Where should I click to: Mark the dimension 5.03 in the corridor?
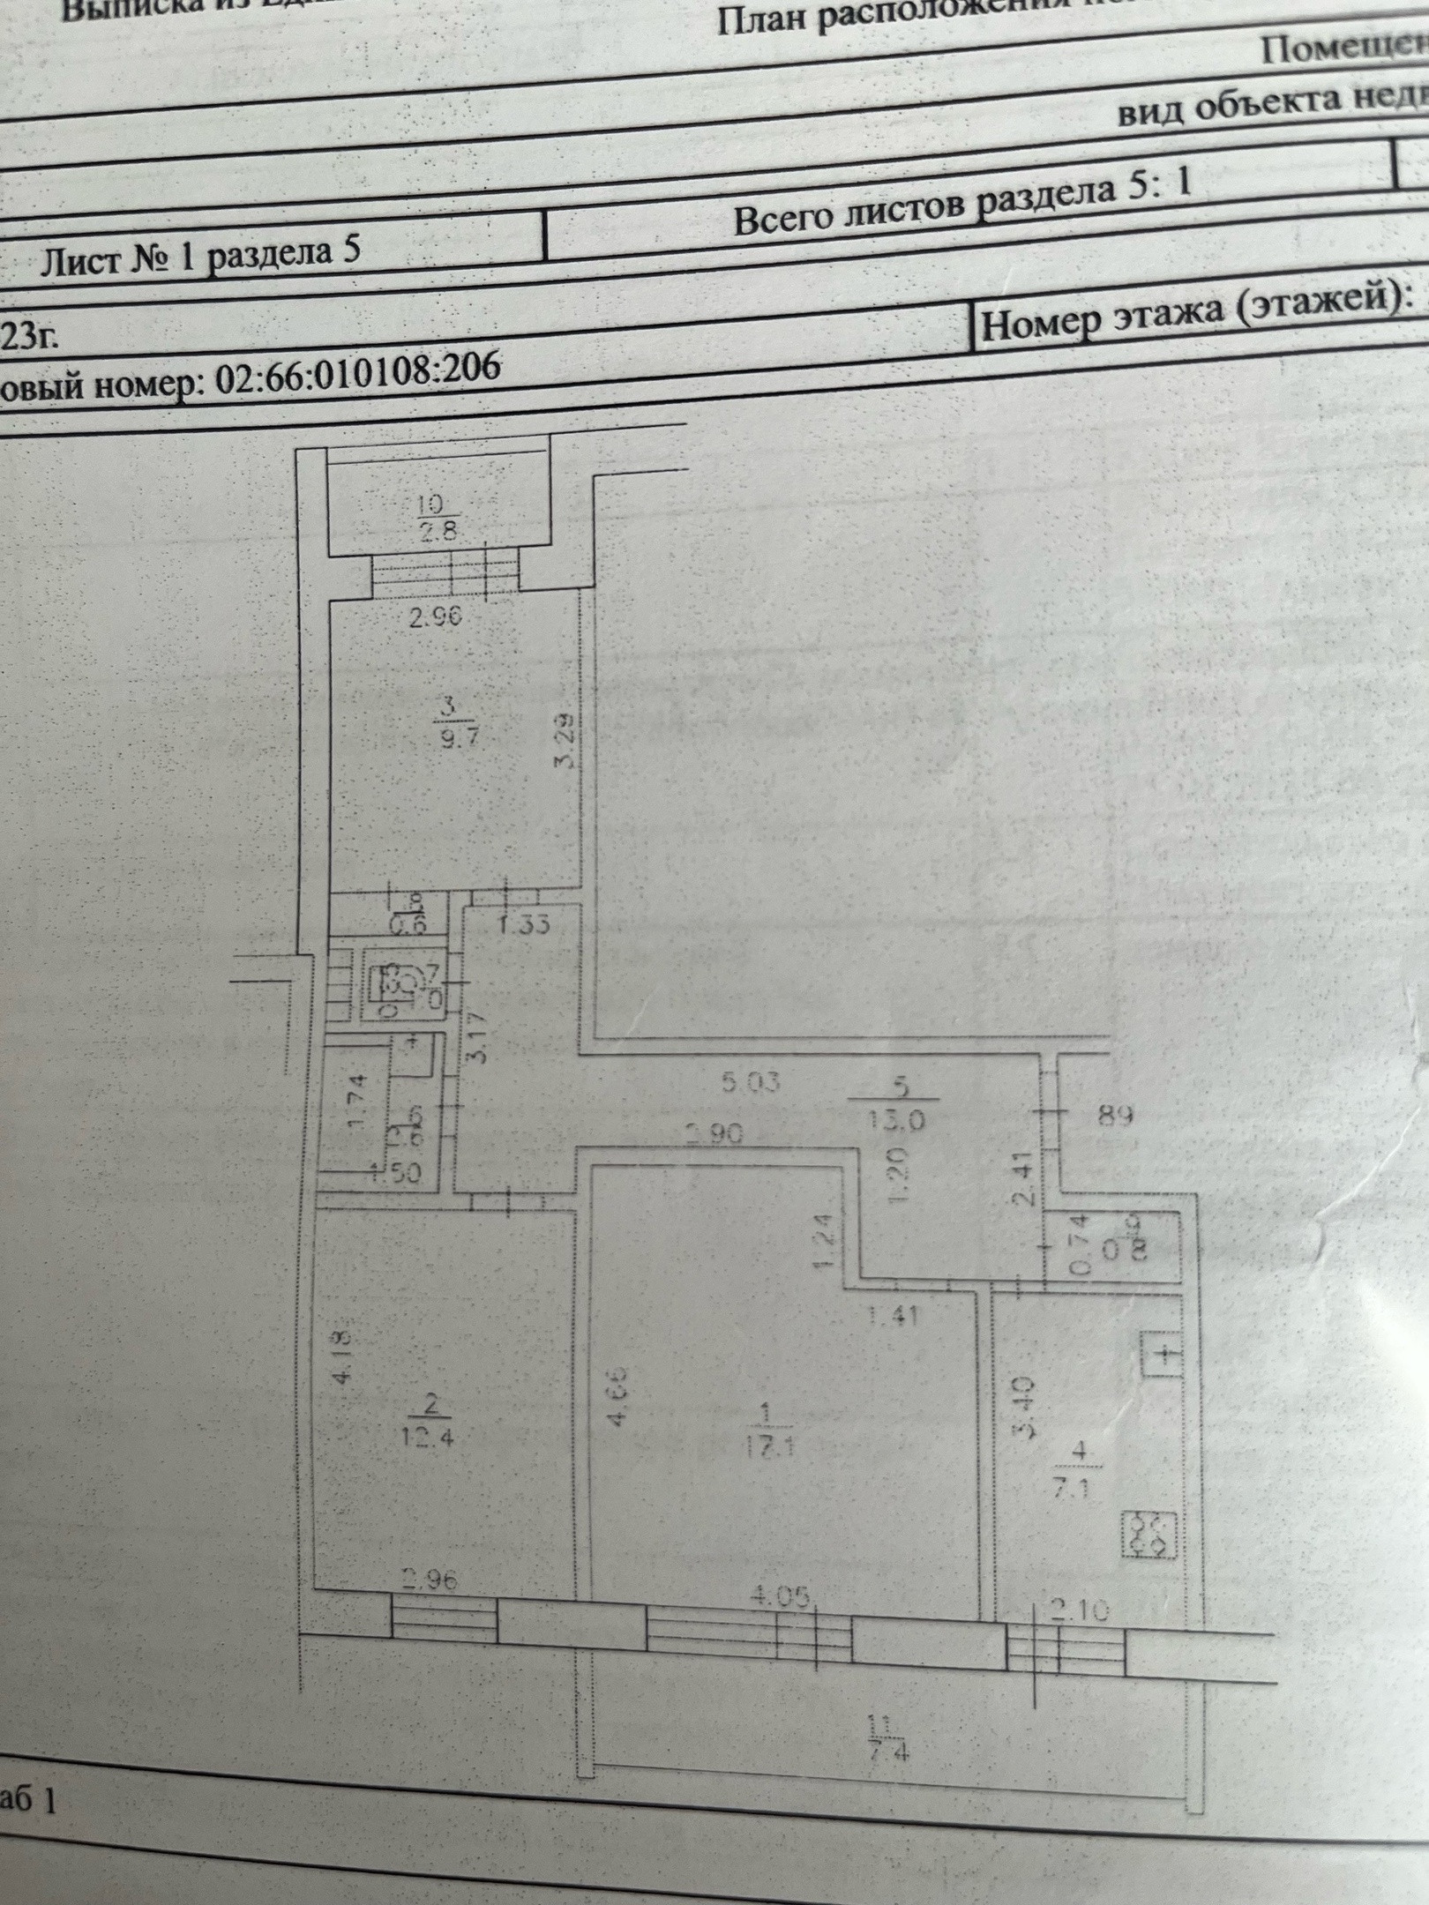click(751, 1082)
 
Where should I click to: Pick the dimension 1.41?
click(893, 1317)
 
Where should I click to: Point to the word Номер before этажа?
click(1042, 324)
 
